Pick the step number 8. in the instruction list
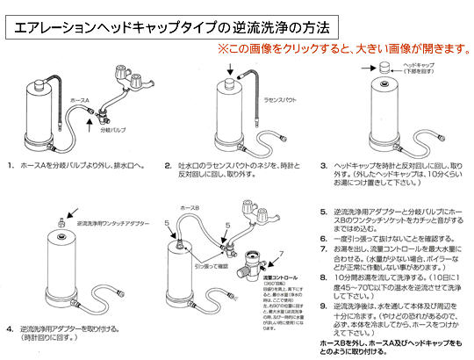[324, 277]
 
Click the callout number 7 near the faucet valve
[282, 255]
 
